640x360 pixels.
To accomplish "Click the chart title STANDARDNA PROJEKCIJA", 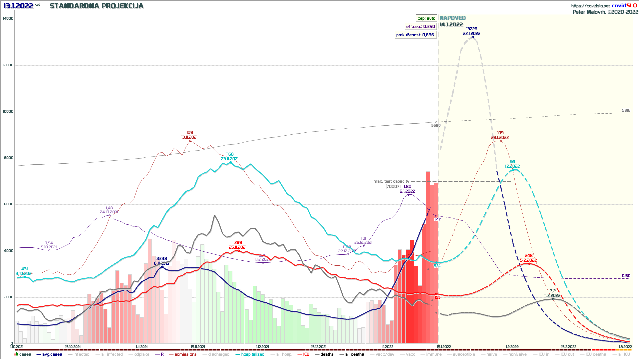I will click(96, 6).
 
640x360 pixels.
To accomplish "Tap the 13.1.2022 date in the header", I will click(18, 6).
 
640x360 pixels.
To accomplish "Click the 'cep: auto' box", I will click(426, 18).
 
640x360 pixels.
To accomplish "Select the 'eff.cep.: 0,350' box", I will click(420, 27).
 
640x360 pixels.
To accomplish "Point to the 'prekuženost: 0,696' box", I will click(415, 35).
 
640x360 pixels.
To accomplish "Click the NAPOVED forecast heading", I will click(453, 18).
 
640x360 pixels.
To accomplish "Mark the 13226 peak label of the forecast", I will click(472, 29).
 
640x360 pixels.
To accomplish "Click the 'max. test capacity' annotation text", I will click(391, 181).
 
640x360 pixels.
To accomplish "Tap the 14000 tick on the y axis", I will click(8, 19).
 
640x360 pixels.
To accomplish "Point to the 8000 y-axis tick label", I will click(9, 158).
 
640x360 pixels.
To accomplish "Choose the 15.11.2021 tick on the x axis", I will click(198, 347).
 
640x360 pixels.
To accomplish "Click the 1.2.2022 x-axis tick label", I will click(512, 347).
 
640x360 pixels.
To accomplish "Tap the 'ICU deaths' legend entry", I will click(595, 354).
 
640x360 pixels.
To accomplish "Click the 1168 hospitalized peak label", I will click(230, 154).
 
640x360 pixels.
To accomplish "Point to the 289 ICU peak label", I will click(238, 243).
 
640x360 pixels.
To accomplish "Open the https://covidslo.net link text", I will click(590, 6).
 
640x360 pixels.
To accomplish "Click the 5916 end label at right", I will click(626, 110).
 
